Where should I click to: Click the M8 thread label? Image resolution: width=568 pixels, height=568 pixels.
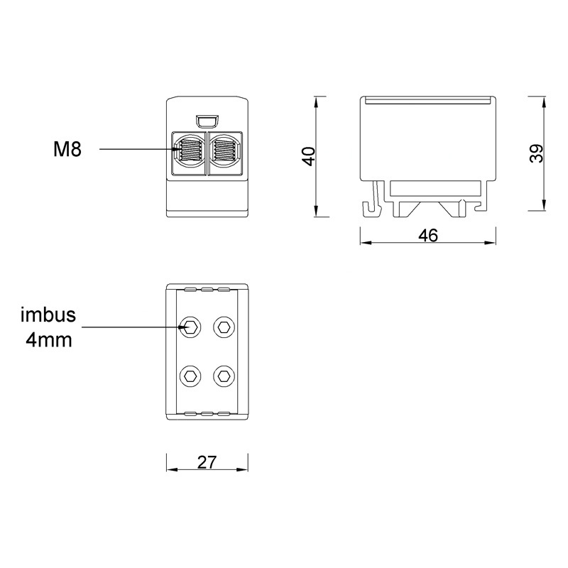pos(67,149)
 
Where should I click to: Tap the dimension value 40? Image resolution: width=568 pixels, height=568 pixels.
pos(309,156)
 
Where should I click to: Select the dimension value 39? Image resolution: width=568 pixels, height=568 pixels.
pos(537,153)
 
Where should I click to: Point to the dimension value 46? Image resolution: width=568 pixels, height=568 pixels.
pos(428,236)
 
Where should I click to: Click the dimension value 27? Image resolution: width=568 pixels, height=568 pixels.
pos(207,462)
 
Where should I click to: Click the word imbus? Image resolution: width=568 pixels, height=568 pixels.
pos(48,315)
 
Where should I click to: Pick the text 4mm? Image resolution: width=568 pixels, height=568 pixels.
pos(49,340)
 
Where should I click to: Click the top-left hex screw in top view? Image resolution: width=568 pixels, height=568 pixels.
pos(190,327)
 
